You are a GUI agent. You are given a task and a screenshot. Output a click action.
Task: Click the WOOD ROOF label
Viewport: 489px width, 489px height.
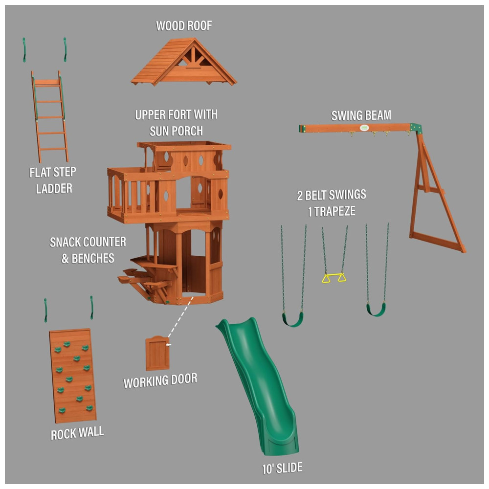(x=184, y=26)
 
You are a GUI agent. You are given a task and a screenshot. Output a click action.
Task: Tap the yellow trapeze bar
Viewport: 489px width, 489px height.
(x=333, y=276)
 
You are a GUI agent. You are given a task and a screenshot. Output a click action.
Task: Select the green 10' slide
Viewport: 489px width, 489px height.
(x=259, y=385)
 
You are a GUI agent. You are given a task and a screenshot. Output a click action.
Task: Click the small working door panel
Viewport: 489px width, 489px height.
(x=157, y=353)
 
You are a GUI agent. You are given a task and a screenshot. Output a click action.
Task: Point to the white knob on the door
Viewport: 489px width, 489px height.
(x=168, y=345)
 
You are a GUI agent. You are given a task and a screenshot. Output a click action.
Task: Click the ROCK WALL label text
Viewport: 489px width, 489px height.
(x=77, y=433)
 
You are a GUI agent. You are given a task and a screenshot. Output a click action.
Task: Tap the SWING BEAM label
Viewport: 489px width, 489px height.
(x=361, y=116)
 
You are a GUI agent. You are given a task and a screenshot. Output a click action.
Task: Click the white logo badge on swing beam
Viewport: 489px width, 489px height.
(x=364, y=128)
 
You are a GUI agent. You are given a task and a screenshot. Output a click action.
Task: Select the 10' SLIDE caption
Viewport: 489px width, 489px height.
(x=282, y=468)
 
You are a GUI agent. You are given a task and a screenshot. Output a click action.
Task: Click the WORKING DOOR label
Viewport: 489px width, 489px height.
(x=160, y=381)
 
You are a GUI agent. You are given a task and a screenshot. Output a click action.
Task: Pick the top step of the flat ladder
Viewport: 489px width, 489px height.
(x=47, y=82)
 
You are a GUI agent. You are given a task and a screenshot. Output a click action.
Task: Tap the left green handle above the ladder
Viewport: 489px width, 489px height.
(x=24, y=50)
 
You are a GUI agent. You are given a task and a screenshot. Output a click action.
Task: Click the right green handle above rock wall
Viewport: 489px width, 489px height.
(x=92, y=308)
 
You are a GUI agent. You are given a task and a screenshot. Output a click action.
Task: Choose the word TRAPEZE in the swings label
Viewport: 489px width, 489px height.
(x=334, y=212)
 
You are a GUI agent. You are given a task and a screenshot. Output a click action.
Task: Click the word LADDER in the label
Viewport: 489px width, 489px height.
(x=54, y=189)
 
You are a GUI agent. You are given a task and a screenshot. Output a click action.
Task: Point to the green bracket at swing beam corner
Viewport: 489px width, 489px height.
(x=416, y=128)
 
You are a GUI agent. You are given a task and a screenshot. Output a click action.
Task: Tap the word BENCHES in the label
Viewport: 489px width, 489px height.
(x=93, y=259)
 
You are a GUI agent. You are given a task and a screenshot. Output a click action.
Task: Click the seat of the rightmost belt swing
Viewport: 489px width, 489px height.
(x=376, y=310)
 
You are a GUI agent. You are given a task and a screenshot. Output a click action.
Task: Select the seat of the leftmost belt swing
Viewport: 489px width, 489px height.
(x=292, y=320)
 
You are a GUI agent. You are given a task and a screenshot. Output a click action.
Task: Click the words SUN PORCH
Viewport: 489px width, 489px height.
(x=176, y=131)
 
